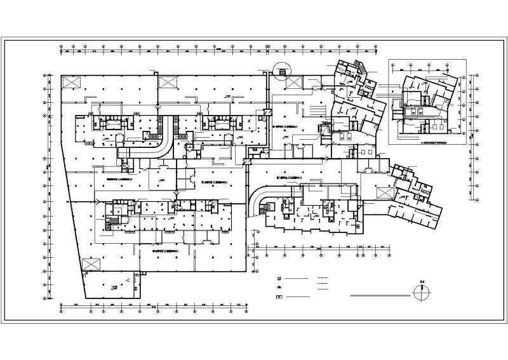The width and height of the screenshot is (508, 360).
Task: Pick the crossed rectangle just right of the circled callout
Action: (x=294, y=82)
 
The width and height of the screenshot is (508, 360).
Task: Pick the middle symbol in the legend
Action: (x=277, y=288)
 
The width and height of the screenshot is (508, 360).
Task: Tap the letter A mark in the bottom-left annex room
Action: (x=130, y=279)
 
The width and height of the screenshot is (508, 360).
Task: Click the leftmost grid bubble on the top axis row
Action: (x=60, y=47)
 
